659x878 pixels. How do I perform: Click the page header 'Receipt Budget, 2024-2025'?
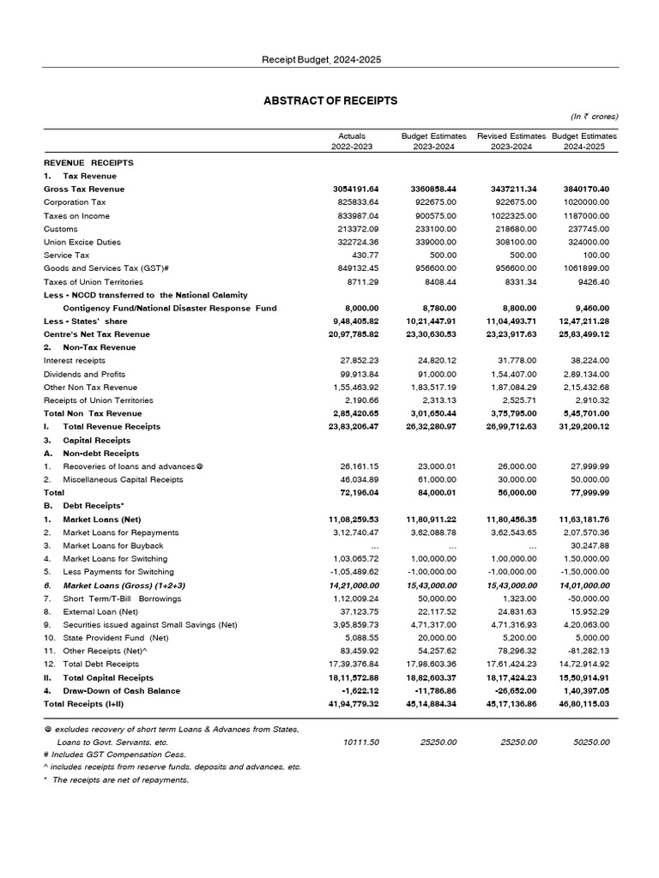pos(322,59)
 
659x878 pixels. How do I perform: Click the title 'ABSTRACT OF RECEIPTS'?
pos(330,101)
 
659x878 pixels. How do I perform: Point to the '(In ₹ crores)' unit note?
pos(594,117)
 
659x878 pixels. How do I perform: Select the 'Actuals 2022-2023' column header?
pos(352,141)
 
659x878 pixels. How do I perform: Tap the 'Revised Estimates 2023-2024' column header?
pos(511,141)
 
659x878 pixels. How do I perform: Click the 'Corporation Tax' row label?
pos(75,202)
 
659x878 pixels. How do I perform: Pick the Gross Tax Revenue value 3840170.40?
pos(583,189)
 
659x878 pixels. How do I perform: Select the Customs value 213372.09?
pos(355,229)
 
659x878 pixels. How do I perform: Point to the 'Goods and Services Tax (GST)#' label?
pos(106,268)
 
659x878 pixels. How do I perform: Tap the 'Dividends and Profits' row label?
pos(84,375)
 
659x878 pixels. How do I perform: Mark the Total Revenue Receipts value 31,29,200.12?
pos(583,426)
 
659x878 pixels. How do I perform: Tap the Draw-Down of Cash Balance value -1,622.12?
pos(360,690)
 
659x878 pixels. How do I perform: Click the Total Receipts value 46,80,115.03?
pos(583,704)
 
